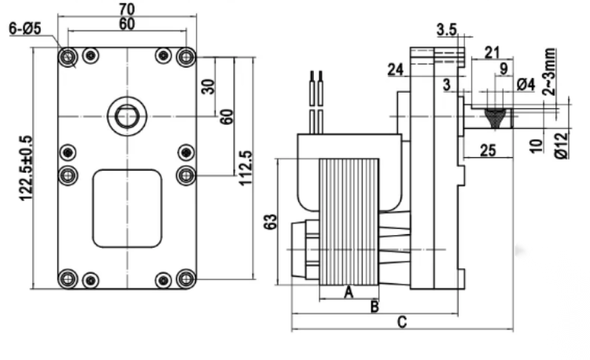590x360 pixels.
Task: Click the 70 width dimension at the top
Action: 127,9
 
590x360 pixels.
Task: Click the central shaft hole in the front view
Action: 126,116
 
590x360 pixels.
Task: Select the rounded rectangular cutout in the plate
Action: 127,208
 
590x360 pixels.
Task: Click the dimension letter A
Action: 348,292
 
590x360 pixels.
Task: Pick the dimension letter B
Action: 374,304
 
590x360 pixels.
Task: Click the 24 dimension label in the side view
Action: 396,70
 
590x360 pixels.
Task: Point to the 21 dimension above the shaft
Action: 492,52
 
